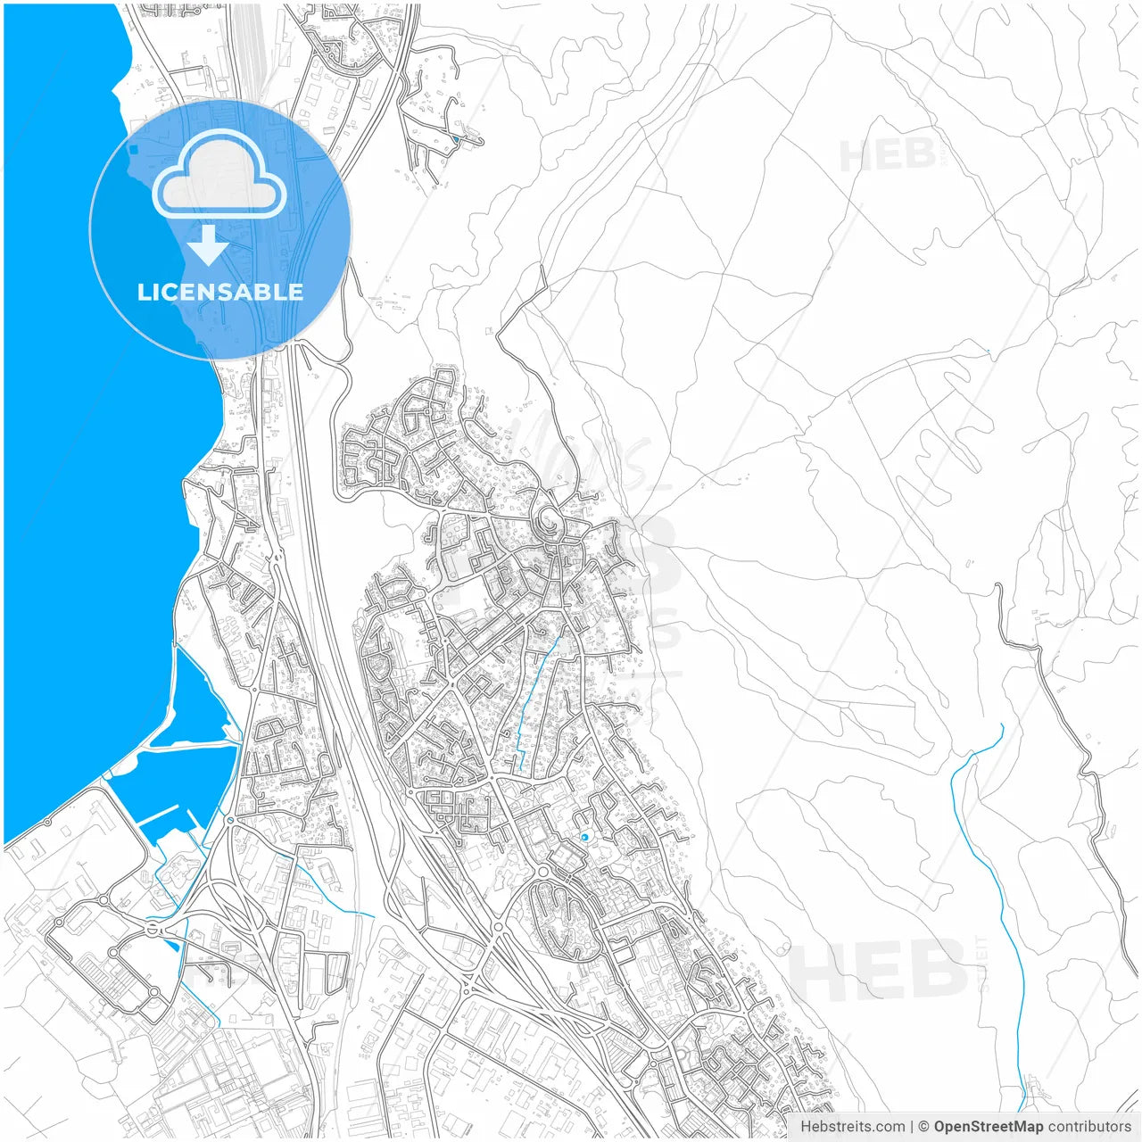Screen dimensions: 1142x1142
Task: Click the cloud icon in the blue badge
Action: point(219,174)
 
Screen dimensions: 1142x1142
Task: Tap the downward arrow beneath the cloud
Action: point(209,245)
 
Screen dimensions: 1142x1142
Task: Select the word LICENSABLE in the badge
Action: point(219,292)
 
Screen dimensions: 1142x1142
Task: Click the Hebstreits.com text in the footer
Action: point(852,1127)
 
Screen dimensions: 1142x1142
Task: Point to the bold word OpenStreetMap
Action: point(988,1127)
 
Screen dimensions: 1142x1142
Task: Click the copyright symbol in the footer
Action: point(923,1127)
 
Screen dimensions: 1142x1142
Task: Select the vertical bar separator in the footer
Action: point(911,1127)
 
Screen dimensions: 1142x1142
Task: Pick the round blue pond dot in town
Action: point(584,837)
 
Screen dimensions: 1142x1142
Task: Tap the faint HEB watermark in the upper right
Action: point(888,155)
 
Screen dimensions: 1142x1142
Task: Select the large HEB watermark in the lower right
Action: point(879,970)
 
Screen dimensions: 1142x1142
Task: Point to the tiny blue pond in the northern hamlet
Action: point(456,139)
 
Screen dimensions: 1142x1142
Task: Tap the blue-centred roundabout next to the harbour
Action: point(230,819)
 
